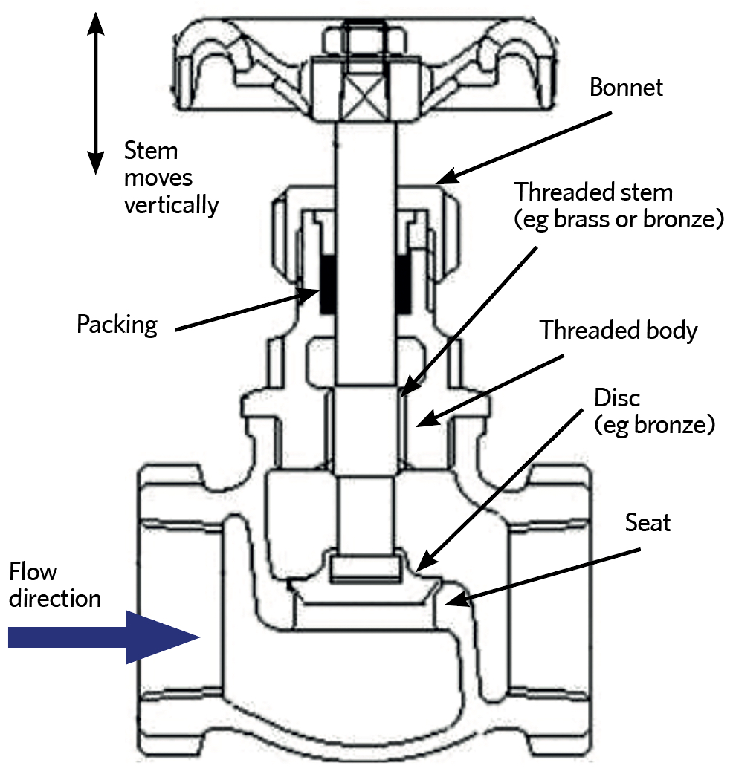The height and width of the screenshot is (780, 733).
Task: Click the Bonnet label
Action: [626, 88]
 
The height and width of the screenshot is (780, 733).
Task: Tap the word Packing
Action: [117, 325]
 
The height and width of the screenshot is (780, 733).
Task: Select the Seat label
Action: [648, 522]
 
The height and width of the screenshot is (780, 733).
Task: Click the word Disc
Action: [616, 397]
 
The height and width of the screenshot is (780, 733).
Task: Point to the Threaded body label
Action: [619, 331]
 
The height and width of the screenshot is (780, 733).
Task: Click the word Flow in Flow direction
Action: [33, 571]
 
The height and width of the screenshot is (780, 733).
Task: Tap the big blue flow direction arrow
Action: [103, 637]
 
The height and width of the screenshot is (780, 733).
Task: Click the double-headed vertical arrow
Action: [96, 93]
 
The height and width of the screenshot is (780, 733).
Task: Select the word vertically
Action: [171, 205]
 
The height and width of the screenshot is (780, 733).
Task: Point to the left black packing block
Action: [327, 284]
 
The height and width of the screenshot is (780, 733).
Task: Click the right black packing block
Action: [404, 284]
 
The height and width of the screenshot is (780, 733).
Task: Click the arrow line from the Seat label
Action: [542, 577]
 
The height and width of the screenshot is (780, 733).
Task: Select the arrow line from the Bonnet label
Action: [523, 149]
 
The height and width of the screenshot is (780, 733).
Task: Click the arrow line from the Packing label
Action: [248, 311]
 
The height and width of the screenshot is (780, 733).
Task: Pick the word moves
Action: [158, 178]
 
